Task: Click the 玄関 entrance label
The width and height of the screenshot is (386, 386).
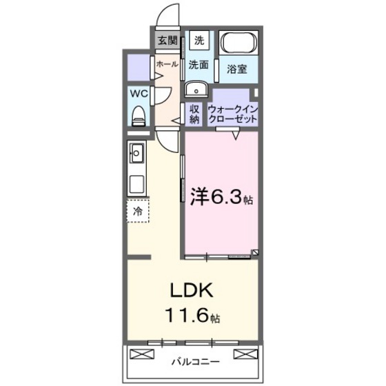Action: click(167, 40)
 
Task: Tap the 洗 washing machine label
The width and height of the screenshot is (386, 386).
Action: click(199, 40)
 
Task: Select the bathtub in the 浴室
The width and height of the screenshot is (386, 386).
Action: click(238, 43)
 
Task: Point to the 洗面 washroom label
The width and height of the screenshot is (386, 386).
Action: click(199, 64)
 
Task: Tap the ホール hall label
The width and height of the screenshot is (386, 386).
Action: click(167, 64)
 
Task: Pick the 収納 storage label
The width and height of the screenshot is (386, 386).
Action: click(194, 114)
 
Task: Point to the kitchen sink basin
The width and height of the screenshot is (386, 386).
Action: click(136, 151)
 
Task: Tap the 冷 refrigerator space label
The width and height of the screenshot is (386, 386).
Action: click(138, 211)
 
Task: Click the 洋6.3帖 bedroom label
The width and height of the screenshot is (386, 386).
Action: click(220, 198)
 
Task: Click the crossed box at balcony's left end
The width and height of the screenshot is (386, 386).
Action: click(140, 354)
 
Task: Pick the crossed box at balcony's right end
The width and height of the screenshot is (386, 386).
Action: click(244, 354)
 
